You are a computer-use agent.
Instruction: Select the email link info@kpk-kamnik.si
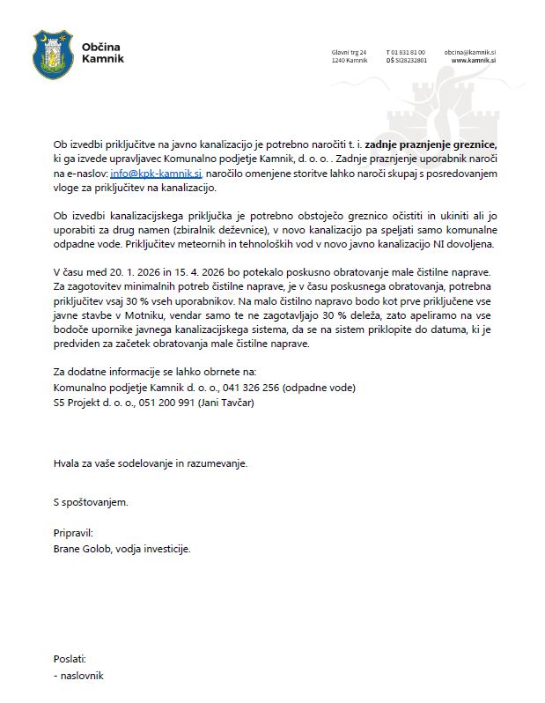157,175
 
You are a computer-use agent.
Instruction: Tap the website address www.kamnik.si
474,60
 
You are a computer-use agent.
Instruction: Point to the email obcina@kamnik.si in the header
470,52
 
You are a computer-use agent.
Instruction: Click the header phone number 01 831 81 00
408,52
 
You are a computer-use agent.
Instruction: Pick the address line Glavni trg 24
349,52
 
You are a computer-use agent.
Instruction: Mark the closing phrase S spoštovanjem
91,502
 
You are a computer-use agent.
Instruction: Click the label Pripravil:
72,533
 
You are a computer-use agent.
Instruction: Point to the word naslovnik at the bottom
82,675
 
